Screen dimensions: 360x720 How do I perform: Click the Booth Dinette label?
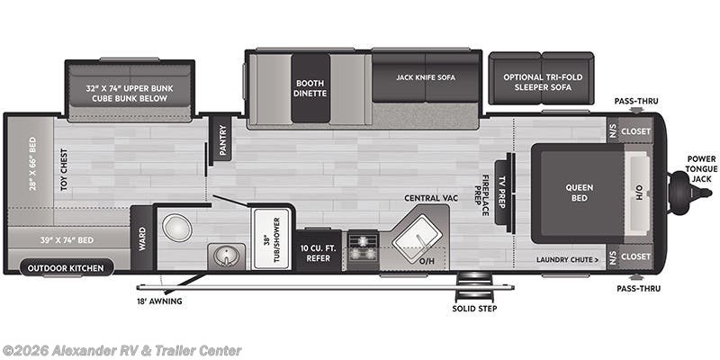pyautogui.click(x=310, y=88)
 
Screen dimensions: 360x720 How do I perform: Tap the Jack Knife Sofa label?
pyautogui.click(x=426, y=77)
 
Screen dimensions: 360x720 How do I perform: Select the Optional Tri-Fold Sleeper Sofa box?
pyautogui.click(x=543, y=83)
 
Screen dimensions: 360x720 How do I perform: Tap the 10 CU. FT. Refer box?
pyautogui.click(x=319, y=251)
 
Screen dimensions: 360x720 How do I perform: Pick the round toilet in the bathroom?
pyautogui.click(x=176, y=227)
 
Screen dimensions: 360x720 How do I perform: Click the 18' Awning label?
pyautogui.click(x=160, y=301)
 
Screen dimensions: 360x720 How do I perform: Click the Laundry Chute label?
pyautogui.click(x=567, y=260)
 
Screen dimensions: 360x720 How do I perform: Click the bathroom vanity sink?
pyautogui.click(x=221, y=257)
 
